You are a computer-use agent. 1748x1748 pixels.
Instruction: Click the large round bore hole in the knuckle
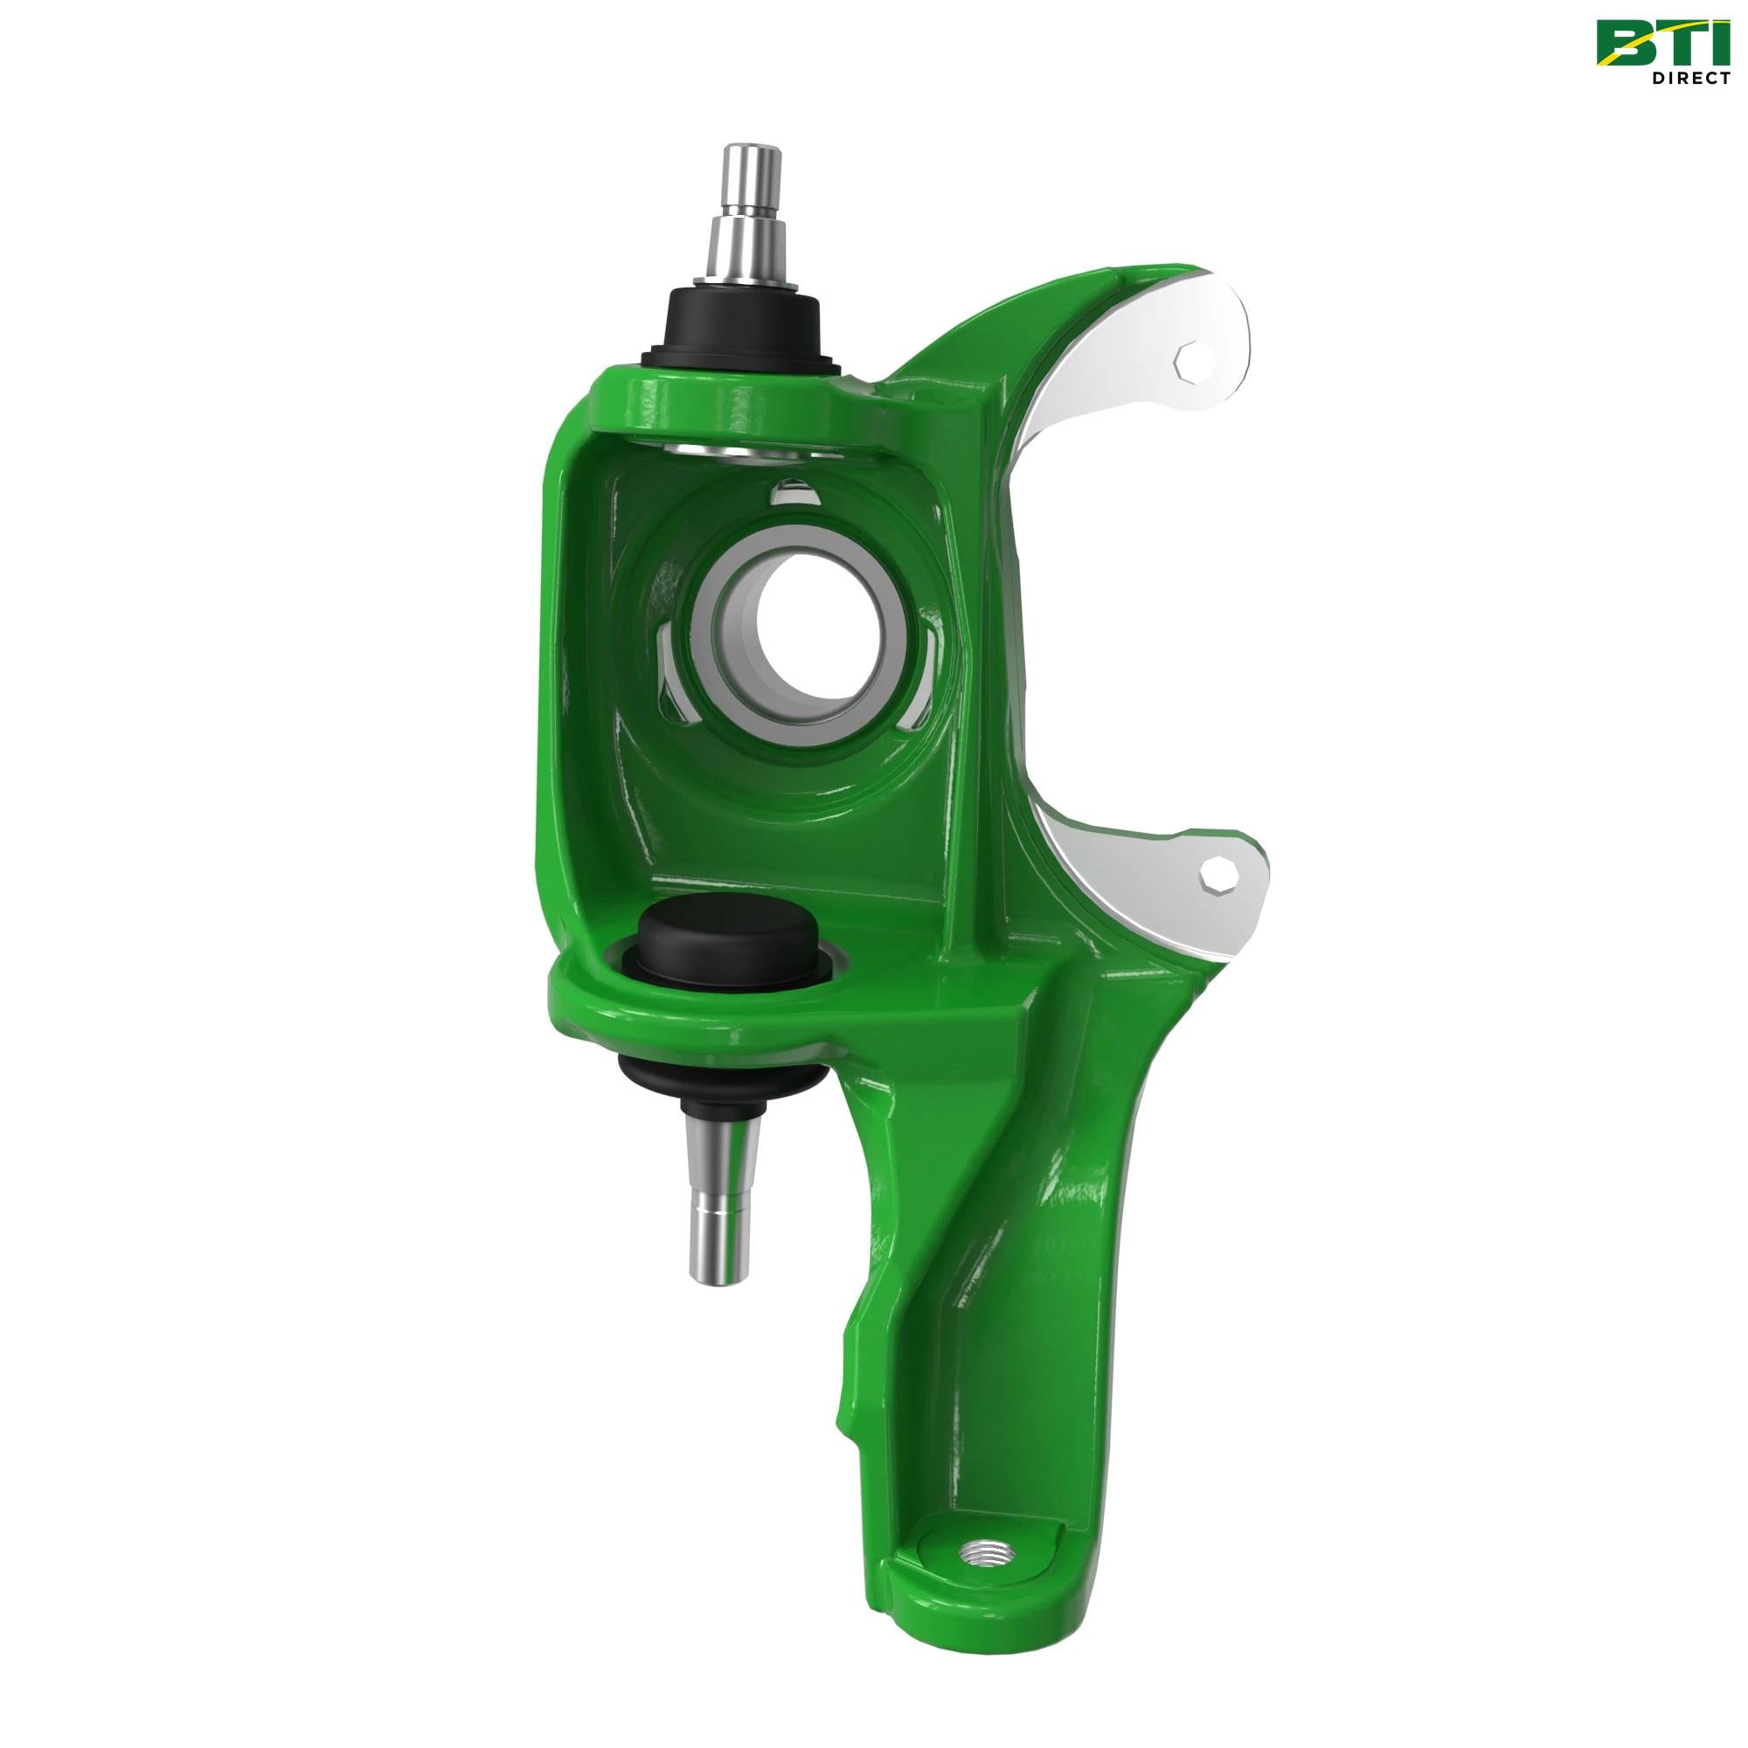810,635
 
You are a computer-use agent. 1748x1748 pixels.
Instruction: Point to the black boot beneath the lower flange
720,1082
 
